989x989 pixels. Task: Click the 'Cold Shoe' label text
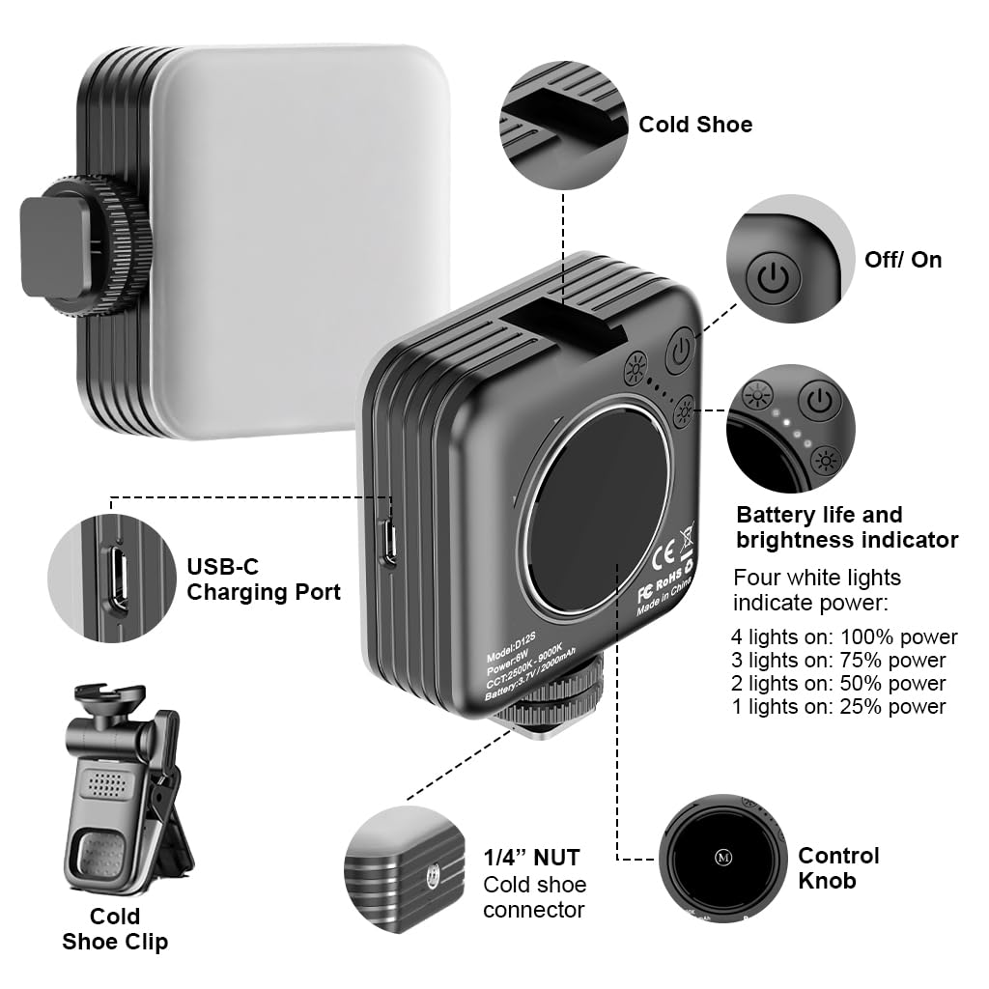695,125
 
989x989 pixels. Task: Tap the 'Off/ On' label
903,259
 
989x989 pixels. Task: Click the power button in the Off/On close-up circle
773,276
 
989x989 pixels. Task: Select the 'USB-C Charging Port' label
264,579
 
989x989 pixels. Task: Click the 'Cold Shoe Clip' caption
115,928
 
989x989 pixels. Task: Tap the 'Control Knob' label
838,868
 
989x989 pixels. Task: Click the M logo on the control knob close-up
722,858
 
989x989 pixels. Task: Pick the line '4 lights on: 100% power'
844,637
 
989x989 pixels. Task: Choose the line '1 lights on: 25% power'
839,706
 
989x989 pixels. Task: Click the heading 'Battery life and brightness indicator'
847,527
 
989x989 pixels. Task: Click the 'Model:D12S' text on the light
511,651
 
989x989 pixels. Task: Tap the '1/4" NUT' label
531,858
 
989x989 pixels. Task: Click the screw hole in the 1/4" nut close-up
433,875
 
